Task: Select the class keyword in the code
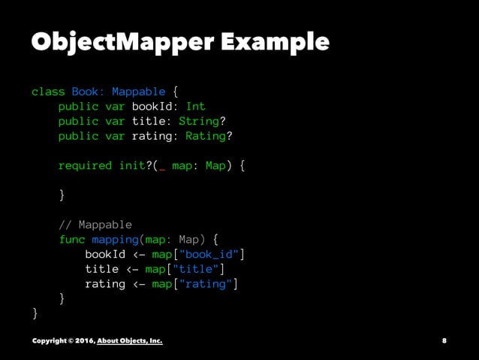pyautogui.click(x=48, y=92)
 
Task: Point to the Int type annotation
pyautogui.click(x=195, y=107)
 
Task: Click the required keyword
pyautogui.click(x=85, y=165)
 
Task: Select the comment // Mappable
pyautogui.click(x=95, y=225)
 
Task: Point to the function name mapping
pyautogui.click(x=115, y=240)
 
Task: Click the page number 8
pyautogui.click(x=444, y=340)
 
